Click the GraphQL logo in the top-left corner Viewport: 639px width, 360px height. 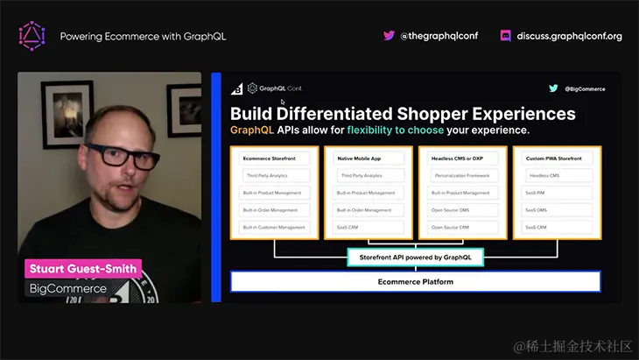[32, 36]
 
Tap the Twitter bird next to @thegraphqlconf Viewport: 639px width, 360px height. [389, 36]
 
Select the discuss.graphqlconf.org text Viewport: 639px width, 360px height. [569, 36]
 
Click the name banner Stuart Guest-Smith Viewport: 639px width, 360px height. [83, 269]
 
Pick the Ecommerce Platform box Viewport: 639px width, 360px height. [416, 281]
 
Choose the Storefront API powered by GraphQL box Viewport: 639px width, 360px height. [416, 258]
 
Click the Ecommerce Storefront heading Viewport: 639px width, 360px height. [269, 159]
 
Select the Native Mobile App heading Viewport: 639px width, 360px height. [358, 159]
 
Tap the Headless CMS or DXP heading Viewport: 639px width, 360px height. [457, 159]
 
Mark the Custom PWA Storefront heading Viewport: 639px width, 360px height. [553, 159]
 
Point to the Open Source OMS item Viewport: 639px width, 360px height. [449, 210]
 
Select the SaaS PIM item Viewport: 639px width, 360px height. [536, 193]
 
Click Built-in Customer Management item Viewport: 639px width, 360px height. [274, 227]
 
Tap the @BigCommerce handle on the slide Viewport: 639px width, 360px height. [585, 88]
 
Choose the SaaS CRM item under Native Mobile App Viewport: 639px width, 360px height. [348, 227]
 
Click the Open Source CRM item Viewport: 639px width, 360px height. [449, 227]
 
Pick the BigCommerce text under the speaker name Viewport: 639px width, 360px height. [68, 288]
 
